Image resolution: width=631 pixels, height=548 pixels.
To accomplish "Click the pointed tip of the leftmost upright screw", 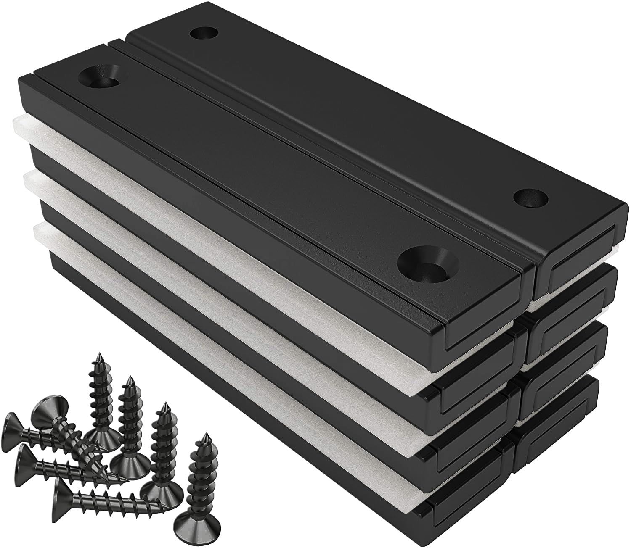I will point(99,356).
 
